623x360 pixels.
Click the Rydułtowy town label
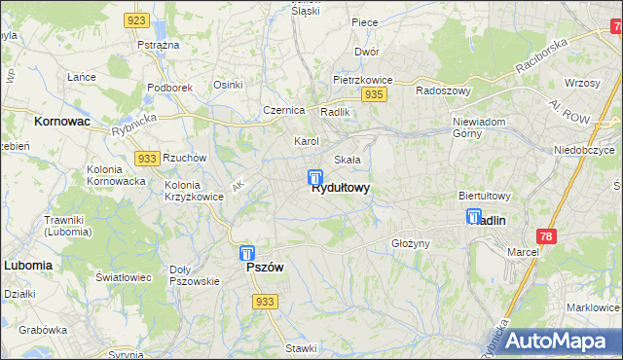(x=340, y=189)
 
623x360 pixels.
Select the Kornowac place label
(x=61, y=123)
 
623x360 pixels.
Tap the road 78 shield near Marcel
(x=547, y=237)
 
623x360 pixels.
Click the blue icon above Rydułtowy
(x=315, y=178)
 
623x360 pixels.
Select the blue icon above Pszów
(x=247, y=253)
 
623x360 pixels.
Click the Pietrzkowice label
(x=361, y=78)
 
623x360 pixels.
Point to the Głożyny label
(x=410, y=243)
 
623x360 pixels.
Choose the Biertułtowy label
(x=485, y=196)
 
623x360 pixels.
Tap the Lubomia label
(x=27, y=265)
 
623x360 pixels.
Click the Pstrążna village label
(x=158, y=46)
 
